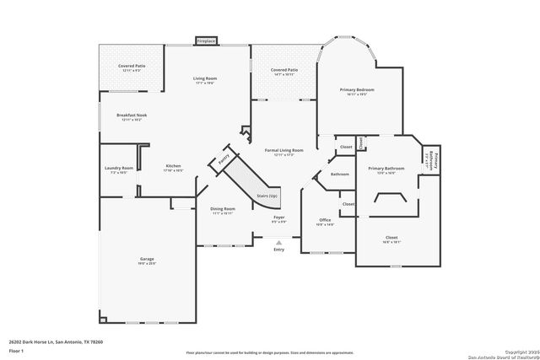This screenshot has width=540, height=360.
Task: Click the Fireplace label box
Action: (205, 40)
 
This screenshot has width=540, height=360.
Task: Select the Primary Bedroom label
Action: (358, 89)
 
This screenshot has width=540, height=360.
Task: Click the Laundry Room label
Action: (119, 168)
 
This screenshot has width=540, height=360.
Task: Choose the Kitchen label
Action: (173, 165)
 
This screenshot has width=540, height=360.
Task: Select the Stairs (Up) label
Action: (266, 195)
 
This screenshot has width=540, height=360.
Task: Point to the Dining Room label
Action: (223, 208)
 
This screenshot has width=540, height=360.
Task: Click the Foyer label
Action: (278, 218)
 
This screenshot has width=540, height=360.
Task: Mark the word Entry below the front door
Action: (279, 250)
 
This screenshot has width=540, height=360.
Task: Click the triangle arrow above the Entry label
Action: (279, 241)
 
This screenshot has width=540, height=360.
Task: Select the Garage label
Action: (147, 259)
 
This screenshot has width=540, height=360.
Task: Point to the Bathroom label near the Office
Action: (339, 174)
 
